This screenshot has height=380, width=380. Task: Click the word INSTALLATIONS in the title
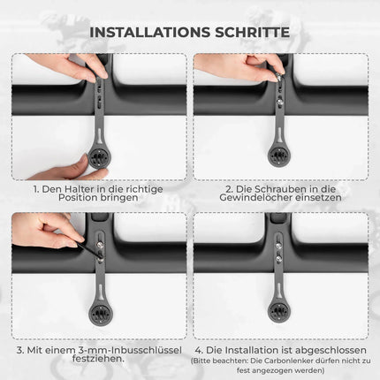(150, 33)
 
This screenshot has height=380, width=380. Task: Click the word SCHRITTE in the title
(253, 33)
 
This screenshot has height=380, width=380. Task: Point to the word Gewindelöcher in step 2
(251, 197)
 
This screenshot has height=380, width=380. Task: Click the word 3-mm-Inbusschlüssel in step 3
(131, 350)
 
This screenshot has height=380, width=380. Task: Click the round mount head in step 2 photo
(279, 156)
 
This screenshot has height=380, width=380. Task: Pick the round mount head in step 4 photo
(279, 310)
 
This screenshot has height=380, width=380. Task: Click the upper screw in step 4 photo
(278, 245)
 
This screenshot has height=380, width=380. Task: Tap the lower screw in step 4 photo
(278, 259)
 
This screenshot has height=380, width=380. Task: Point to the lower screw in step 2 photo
(278, 102)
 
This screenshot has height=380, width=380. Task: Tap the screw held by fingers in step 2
(278, 78)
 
